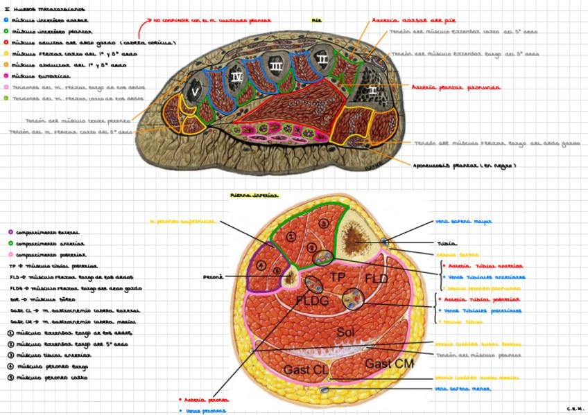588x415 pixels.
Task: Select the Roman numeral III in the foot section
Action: point(275,66)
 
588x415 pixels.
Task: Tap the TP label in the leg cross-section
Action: point(338,276)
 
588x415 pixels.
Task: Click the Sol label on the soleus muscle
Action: point(347,332)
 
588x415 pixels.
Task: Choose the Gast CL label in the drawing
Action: point(306,369)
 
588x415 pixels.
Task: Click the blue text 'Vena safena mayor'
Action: point(463,222)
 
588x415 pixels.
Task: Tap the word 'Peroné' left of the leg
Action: point(213,276)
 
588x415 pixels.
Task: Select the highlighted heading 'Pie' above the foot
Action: point(317,21)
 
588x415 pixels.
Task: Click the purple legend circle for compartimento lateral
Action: point(7,233)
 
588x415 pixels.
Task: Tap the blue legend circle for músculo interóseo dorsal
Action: point(6,20)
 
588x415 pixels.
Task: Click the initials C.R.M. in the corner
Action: point(575,409)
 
